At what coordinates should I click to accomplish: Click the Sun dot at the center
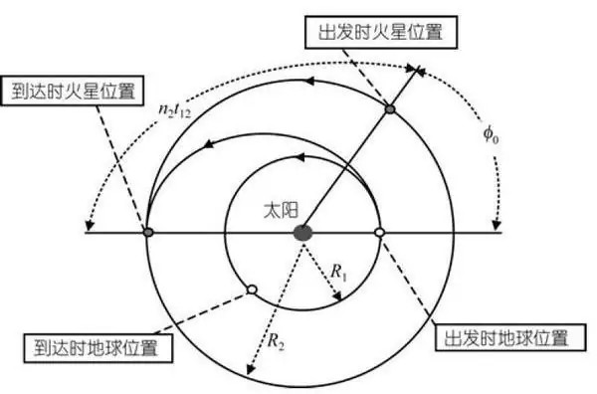302,232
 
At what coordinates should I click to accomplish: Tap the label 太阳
272,212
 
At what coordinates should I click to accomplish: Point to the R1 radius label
341,270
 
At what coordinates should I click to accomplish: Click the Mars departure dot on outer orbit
390,106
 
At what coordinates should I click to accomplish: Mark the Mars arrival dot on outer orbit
147,232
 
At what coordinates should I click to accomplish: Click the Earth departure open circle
379,232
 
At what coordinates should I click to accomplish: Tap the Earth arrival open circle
252,290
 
